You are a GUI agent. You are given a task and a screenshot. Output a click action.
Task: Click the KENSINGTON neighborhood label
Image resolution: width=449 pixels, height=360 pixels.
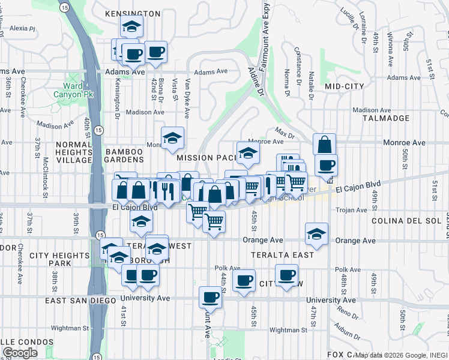pos(133,13)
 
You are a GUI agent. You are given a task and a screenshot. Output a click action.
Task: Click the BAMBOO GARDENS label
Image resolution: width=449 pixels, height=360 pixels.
pos(125,155)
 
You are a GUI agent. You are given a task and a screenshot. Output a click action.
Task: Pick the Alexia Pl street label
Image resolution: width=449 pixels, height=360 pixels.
pos(23,28)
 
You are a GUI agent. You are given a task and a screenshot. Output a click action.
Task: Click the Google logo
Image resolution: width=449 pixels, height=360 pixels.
pos(20,353)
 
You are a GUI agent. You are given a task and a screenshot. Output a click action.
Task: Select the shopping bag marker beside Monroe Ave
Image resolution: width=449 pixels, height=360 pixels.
pos(324,144)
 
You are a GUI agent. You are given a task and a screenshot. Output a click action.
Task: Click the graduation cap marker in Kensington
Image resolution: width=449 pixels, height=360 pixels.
pos(131,26)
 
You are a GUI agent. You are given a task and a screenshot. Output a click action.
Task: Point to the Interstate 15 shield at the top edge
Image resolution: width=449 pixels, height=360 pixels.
pos(64,7)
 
